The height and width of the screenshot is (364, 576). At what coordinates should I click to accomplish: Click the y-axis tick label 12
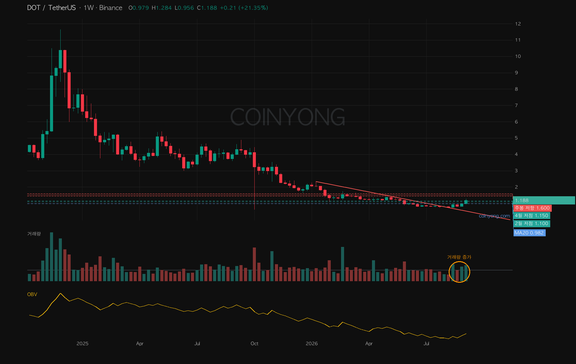click(518, 24)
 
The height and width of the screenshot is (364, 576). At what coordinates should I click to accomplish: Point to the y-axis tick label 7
click(516, 105)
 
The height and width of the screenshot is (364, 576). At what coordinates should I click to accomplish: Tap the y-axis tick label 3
click(516, 170)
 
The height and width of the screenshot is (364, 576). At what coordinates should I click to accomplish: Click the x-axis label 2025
click(82, 343)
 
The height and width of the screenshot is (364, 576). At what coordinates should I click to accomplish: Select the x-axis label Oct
click(254, 343)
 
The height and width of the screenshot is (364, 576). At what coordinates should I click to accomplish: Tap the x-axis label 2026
click(312, 343)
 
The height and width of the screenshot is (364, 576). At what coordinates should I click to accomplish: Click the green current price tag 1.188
click(544, 200)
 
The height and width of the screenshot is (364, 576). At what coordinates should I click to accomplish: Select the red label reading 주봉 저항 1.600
click(532, 208)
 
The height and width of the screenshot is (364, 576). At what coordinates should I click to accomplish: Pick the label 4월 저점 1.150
click(532, 216)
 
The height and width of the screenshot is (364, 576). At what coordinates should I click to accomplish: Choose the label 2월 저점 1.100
click(532, 224)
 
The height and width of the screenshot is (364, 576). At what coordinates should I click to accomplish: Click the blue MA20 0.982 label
click(529, 233)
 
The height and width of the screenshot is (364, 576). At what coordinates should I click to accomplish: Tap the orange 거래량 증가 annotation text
click(459, 257)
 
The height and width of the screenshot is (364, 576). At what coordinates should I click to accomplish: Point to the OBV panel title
click(32, 294)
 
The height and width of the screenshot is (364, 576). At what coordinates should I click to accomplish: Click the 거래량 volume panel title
click(34, 234)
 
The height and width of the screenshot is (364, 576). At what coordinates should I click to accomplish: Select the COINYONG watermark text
click(288, 117)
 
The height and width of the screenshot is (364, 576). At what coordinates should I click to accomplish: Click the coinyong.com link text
click(494, 216)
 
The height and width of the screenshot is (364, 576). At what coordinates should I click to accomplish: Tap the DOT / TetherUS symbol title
click(52, 8)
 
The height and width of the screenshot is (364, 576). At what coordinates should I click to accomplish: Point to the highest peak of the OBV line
click(61, 293)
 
